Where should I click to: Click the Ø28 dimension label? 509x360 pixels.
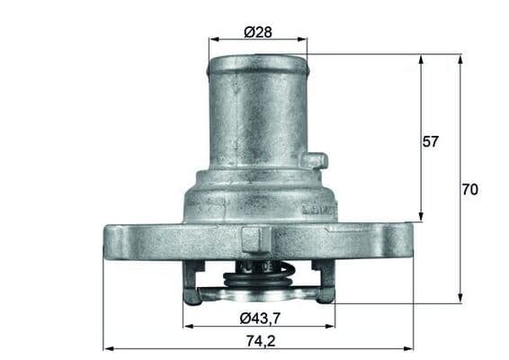pyautogui.click(x=257, y=32)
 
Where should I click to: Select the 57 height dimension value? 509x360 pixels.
pyautogui.click(x=431, y=141)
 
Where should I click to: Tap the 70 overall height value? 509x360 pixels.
pyautogui.click(x=469, y=190)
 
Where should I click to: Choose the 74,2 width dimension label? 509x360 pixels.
pyautogui.click(x=258, y=341)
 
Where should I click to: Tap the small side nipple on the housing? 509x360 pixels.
pyautogui.click(x=314, y=161)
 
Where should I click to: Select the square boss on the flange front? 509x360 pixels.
pyautogui.click(x=254, y=238)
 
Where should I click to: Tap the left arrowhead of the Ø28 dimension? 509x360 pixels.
pyautogui.click(x=212, y=40)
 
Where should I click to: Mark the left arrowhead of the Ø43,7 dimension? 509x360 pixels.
pyautogui.click(x=186, y=326)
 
